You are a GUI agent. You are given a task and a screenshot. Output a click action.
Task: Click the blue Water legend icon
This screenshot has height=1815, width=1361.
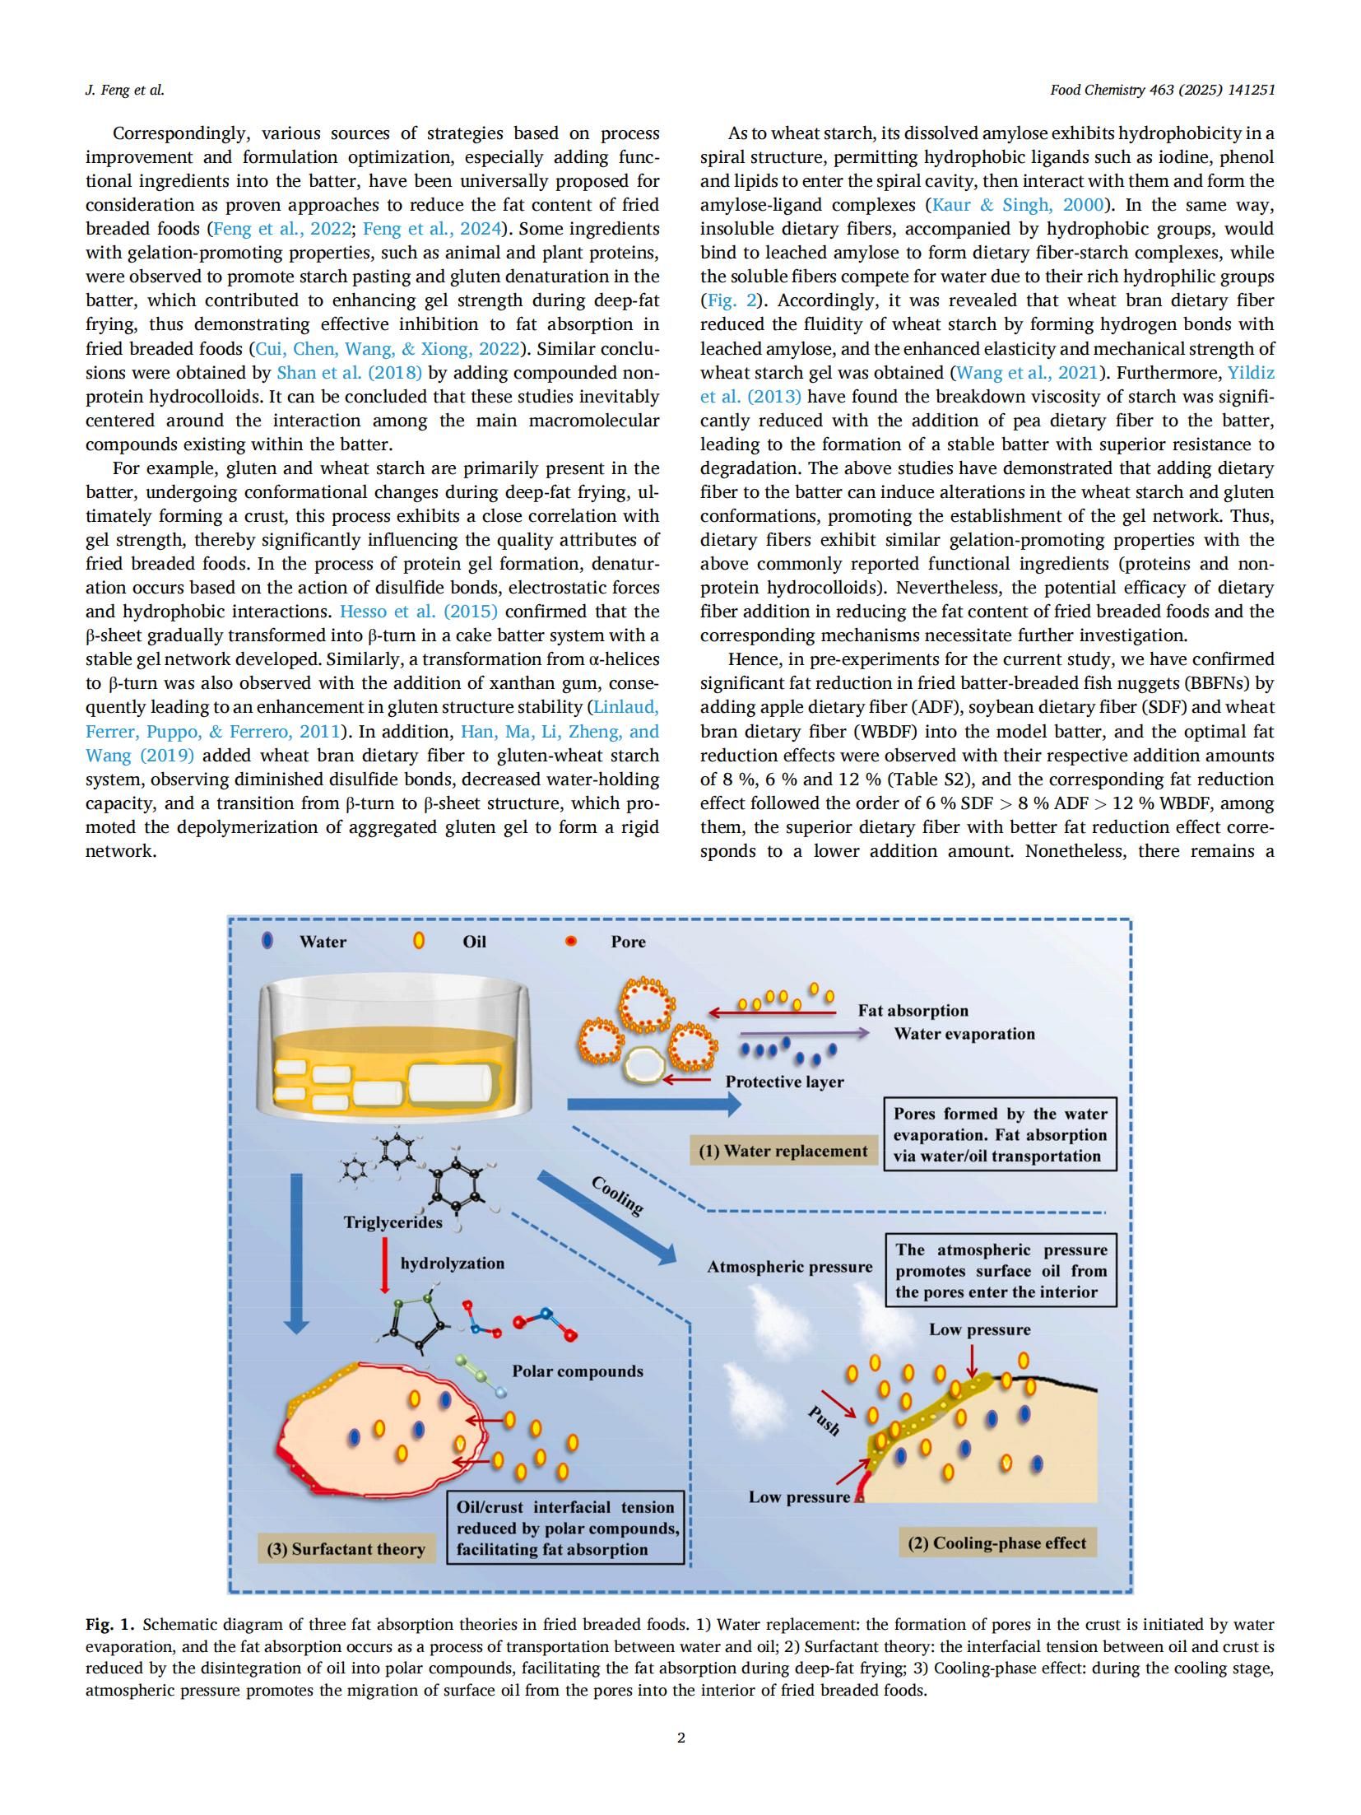(x=267, y=941)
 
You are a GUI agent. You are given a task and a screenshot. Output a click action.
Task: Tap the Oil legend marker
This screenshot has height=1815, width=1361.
(x=419, y=941)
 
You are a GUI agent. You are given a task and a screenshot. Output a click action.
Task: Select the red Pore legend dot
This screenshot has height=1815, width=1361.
(x=570, y=942)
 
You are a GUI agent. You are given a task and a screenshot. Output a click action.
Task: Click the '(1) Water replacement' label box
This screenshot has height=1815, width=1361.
(x=783, y=1151)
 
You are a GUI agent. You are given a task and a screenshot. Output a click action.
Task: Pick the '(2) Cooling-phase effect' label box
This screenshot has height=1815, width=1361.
(x=996, y=1543)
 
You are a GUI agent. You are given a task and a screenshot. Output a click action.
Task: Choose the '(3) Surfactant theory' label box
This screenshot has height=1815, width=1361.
(x=346, y=1549)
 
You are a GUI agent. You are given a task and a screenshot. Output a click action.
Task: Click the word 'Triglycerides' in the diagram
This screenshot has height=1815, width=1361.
(x=393, y=1222)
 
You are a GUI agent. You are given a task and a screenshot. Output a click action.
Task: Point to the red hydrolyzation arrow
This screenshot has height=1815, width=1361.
(x=384, y=1266)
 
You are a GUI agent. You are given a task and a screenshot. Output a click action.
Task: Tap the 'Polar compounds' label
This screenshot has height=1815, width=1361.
(x=577, y=1371)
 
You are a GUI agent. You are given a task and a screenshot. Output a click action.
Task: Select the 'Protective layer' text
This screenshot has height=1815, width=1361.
(x=784, y=1082)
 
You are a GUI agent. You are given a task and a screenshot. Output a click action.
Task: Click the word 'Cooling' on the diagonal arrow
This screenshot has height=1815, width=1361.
(x=617, y=1195)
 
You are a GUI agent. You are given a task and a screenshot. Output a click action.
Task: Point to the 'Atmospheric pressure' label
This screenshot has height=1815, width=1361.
(x=789, y=1267)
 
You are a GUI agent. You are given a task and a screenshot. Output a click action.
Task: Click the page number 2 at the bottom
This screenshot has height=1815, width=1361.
(x=680, y=1738)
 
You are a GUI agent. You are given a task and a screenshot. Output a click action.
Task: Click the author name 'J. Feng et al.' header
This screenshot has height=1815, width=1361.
(x=125, y=91)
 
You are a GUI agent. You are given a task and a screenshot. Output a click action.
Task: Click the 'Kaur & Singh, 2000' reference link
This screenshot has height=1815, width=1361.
(x=1017, y=205)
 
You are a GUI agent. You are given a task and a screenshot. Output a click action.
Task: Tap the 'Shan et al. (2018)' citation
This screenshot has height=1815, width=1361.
(x=349, y=373)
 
